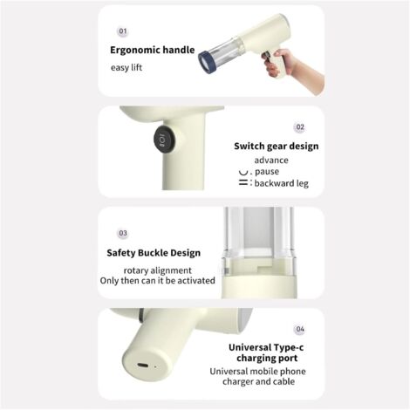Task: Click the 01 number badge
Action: click(x=123, y=31)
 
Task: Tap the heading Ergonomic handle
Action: click(x=153, y=50)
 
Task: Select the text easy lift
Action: click(x=126, y=68)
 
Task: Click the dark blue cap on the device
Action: click(x=204, y=63)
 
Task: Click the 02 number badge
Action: click(x=300, y=127)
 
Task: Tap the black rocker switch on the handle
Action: click(x=164, y=140)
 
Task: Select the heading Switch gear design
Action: click(x=277, y=146)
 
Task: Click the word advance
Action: click(x=271, y=161)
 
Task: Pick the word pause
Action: click(x=267, y=172)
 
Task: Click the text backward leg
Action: click(x=281, y=183)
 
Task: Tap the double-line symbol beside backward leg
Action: click(x=243, y=183)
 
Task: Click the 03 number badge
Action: click(x=123, y=233)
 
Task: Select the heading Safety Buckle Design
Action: click(x=154, y=253)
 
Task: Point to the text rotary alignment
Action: click(x=158, y=270)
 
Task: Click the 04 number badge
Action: click(x=300, y=329)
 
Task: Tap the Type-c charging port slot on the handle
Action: click(x=142, y=365)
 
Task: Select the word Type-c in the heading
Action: click(x=287, y=348)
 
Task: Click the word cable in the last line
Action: click(x=284, y=381)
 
